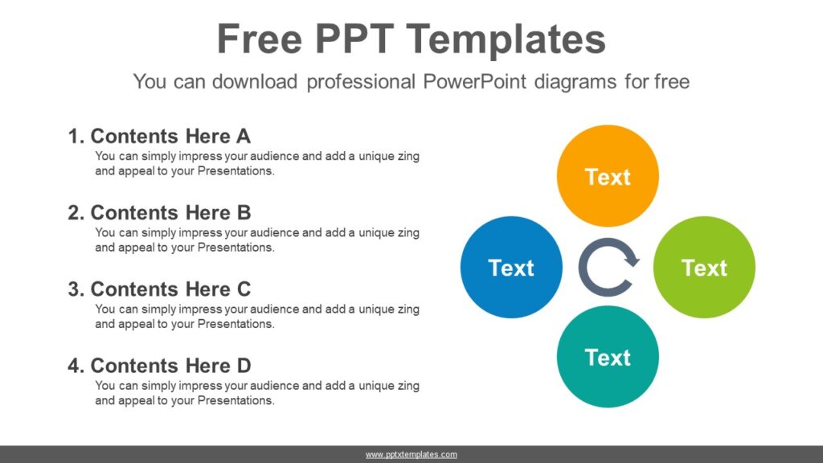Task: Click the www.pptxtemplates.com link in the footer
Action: tap(411, 455)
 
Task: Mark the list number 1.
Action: tap(76, 136)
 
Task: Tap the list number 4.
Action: tap(76, 366)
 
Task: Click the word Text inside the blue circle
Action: tap(511, 268)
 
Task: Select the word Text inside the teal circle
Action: tap(608, 357)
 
